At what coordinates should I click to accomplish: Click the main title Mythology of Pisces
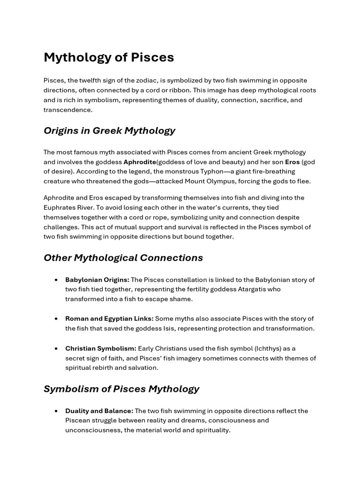[109, 57]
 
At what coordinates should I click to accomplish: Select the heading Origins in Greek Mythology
[109, 130]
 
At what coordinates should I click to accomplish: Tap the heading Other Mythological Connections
[123, 258]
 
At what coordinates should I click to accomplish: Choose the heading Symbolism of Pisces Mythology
[121, 389]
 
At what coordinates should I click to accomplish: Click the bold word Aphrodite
[140, 162]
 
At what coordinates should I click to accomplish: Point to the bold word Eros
[292, 162]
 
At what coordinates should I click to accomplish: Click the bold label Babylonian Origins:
[97, 280]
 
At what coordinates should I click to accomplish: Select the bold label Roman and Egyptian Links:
[109, 319]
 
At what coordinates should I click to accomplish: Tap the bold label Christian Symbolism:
[101, 348]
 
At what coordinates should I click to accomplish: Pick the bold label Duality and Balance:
[99, 411]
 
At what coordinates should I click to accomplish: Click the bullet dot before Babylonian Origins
[56, 280]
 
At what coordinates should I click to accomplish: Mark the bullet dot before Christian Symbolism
[56, 348]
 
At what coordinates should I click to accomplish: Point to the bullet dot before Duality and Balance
[56, 411]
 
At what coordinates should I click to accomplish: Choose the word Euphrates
[60, 207]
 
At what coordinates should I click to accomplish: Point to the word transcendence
[68, 110]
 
